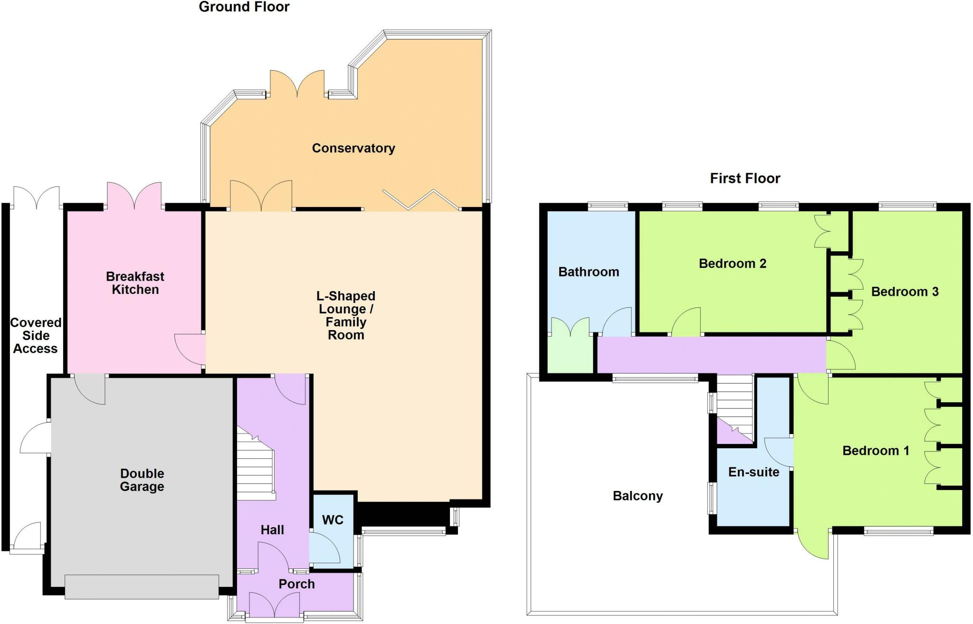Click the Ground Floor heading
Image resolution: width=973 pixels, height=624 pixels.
click(244, 7)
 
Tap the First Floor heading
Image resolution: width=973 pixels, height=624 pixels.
click(744, 179)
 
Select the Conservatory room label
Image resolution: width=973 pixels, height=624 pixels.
click(353, 148)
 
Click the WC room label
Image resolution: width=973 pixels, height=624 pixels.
click(333, 520)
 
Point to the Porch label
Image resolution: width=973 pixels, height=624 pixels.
click(296, 584)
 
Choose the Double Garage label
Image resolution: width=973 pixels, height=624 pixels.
click(142, 480)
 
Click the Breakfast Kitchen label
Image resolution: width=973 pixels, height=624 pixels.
click(135, 283)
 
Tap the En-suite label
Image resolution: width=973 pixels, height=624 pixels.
click(754, 472)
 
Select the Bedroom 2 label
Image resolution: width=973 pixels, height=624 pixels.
click(732, 264)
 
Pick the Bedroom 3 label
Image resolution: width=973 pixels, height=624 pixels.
click(905, 292)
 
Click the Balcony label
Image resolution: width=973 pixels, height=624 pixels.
click(638, 496)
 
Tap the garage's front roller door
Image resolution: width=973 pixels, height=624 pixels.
click(142, 586)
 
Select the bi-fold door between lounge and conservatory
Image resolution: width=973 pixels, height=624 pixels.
click(421, 199)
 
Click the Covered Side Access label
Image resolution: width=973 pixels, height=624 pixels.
click(36, 336)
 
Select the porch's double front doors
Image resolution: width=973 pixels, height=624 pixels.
click(274, 605)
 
